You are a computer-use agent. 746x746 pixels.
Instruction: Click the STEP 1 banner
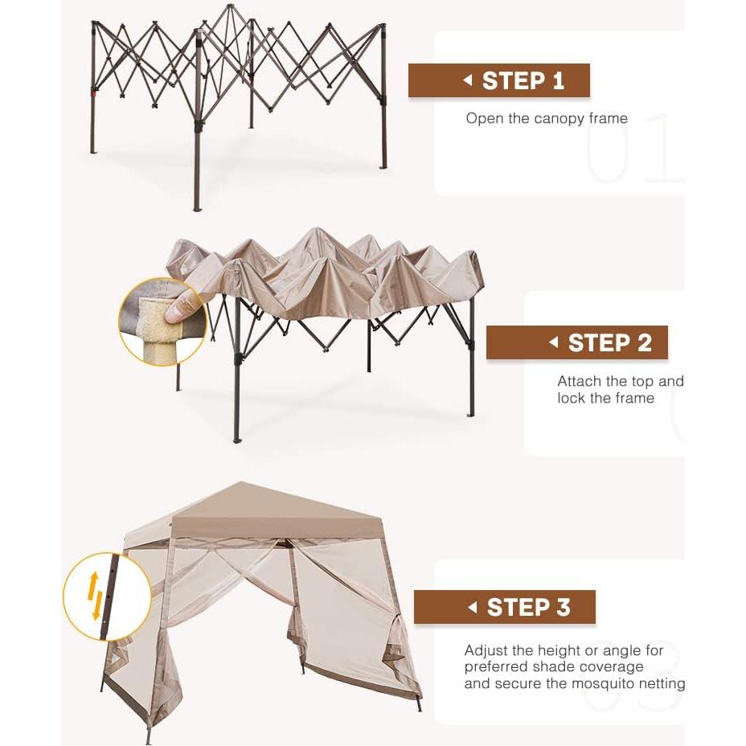(499, 80)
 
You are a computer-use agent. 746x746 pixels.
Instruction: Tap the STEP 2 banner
(576, 342)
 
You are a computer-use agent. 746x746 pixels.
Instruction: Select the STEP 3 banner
(505, 607)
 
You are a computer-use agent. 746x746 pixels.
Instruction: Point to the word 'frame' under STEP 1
(608, 119)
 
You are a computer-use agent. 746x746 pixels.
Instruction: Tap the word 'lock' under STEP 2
(572, 398)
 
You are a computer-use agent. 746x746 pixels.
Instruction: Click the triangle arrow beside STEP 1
(467, 80)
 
